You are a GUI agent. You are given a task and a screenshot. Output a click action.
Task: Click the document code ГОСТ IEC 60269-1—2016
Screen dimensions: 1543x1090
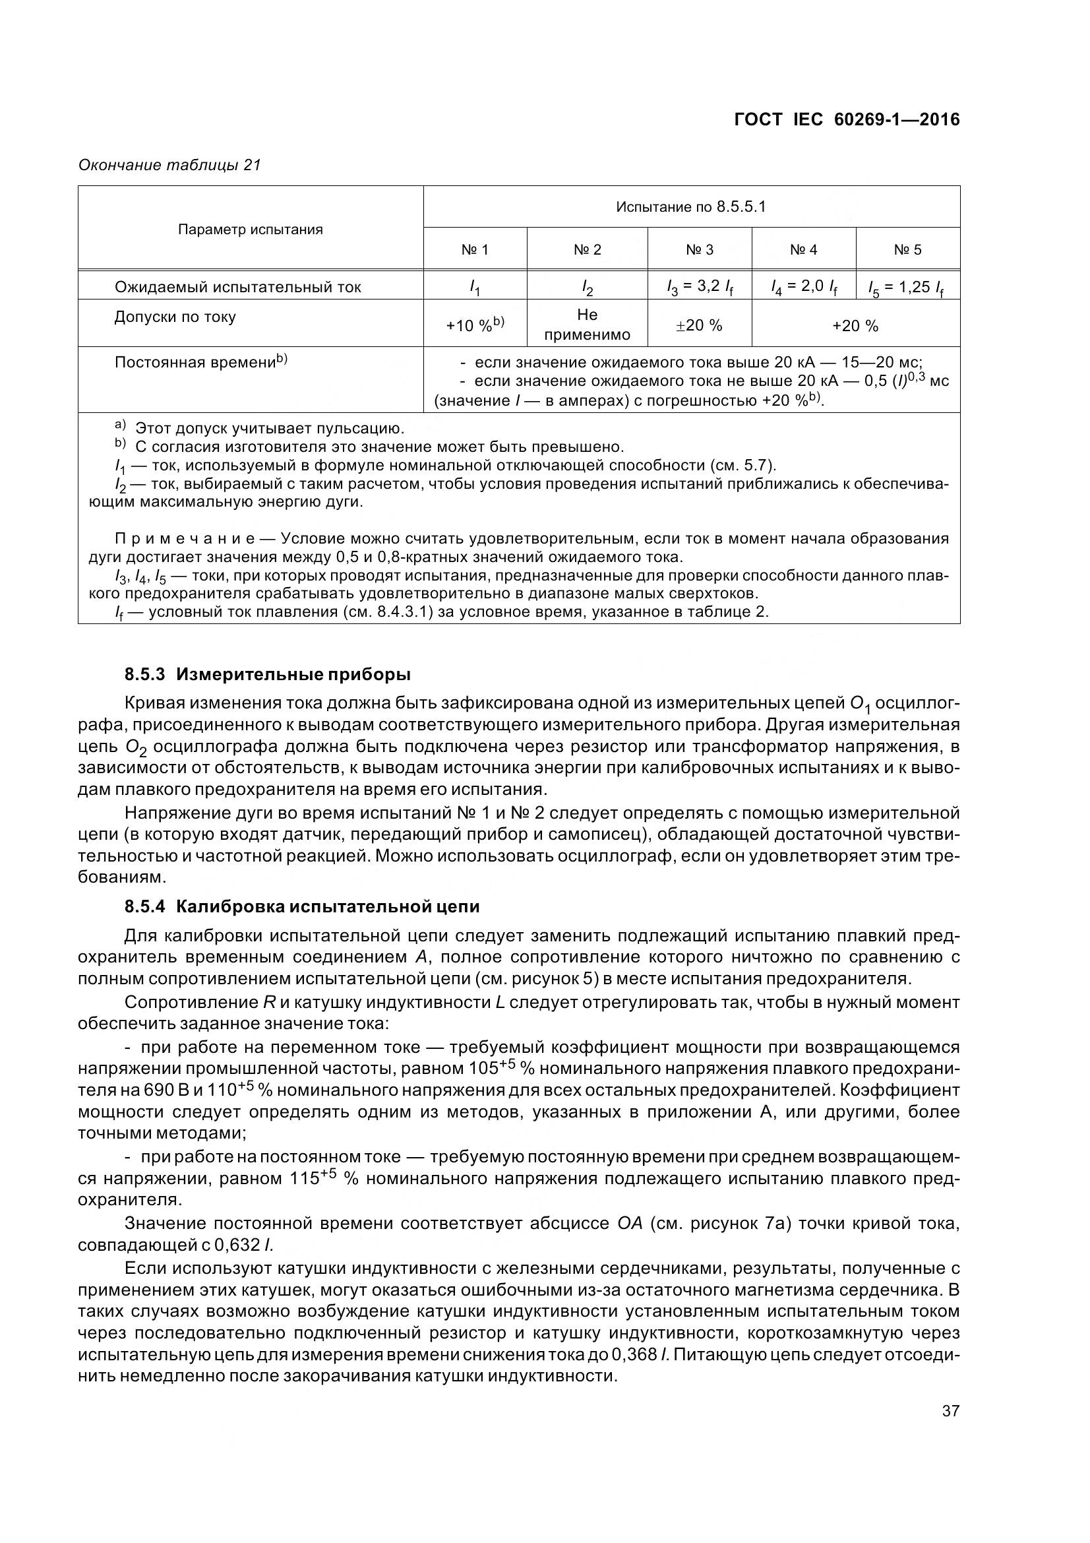[846, 119]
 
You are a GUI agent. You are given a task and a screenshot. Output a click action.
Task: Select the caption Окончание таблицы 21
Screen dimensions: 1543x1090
[169, 165]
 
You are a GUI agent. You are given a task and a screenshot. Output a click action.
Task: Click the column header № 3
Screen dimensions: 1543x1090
[699, 250]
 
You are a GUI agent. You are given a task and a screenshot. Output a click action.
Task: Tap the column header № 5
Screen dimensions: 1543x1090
[907, 250]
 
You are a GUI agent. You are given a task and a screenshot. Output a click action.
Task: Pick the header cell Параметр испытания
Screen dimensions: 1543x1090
[251, 230]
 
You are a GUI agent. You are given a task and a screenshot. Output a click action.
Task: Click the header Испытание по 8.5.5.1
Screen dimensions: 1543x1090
[691, 207]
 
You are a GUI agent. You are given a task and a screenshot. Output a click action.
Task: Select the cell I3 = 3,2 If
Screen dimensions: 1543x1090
[699, 288]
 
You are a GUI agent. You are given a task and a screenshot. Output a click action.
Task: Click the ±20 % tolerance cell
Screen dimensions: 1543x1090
[699, 326]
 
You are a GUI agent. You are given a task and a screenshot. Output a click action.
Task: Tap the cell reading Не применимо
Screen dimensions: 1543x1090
[587, 325]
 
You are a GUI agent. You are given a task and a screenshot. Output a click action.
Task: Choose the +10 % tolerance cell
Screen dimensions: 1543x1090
[475, 325]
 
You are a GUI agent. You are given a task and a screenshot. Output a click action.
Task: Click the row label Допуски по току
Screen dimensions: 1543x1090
[175, 317]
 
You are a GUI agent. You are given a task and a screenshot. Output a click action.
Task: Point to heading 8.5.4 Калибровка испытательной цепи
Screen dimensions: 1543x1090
[301, 906]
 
